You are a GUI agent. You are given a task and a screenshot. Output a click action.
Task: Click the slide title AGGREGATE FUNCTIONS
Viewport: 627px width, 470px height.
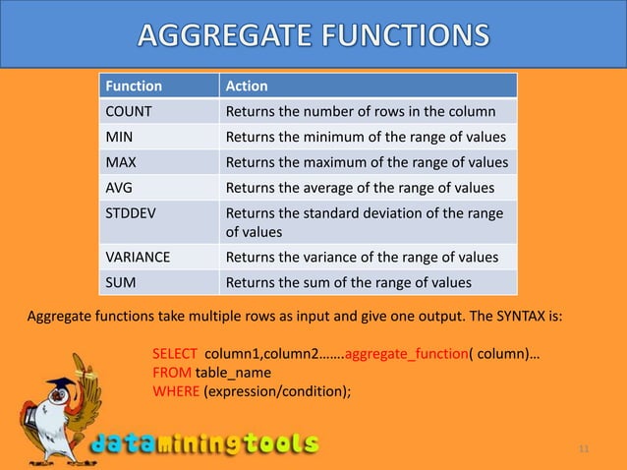coord(313,37)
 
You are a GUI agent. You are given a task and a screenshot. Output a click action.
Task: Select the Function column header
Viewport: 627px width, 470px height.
coord(135,86)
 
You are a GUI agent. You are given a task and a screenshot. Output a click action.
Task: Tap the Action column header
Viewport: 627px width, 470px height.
coord(247,86)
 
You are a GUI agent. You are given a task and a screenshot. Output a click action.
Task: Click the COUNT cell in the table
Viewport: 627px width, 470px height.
coord(129,111)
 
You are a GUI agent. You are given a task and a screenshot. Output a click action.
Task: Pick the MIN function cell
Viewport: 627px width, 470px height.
coord(121,137)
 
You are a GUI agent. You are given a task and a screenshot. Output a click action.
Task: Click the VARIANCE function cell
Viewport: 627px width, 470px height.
coord(138,258)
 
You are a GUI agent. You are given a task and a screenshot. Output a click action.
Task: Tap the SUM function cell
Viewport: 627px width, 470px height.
coord(122,283)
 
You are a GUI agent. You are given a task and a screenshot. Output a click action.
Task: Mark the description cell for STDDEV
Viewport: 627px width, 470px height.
coord(364,222)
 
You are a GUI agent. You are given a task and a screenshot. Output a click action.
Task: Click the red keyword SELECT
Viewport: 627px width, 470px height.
coord(174,354)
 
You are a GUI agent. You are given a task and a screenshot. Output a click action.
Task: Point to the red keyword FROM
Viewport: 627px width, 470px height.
coord(171,373)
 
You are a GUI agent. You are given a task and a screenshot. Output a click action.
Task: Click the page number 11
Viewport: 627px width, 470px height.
coord(584,449)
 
